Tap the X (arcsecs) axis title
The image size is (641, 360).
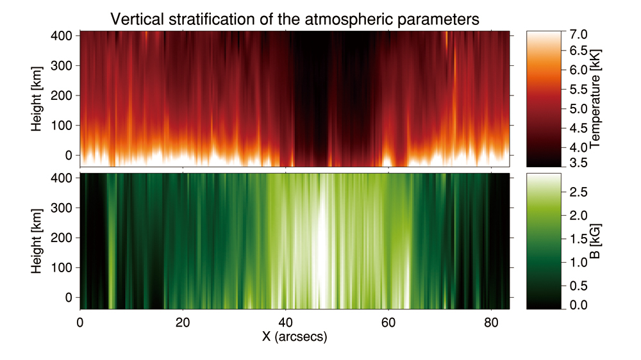click(294, 336)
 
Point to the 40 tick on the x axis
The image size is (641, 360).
click(285, 322)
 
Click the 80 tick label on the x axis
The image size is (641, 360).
click(491, 322)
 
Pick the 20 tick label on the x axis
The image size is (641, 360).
click(183, 322)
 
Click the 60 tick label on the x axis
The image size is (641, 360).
click(388, 322)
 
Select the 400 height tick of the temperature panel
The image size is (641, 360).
click(62, 35)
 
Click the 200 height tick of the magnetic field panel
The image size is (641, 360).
click(62, 238)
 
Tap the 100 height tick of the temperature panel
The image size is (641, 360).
click(62, 125)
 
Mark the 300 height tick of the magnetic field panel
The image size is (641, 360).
click(62, 208)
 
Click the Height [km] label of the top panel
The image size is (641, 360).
click(37, 99)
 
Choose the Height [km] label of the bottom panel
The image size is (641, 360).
click(37, 241)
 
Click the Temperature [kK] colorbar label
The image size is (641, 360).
click(595, 99)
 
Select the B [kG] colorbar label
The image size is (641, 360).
click(595, 241)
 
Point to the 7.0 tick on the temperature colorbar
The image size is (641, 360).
click(578, 35)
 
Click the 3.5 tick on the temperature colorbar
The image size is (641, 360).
click(578, 163)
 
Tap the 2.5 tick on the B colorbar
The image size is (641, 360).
click(578, 192)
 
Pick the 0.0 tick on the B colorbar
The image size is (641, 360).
click(578, 304)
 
